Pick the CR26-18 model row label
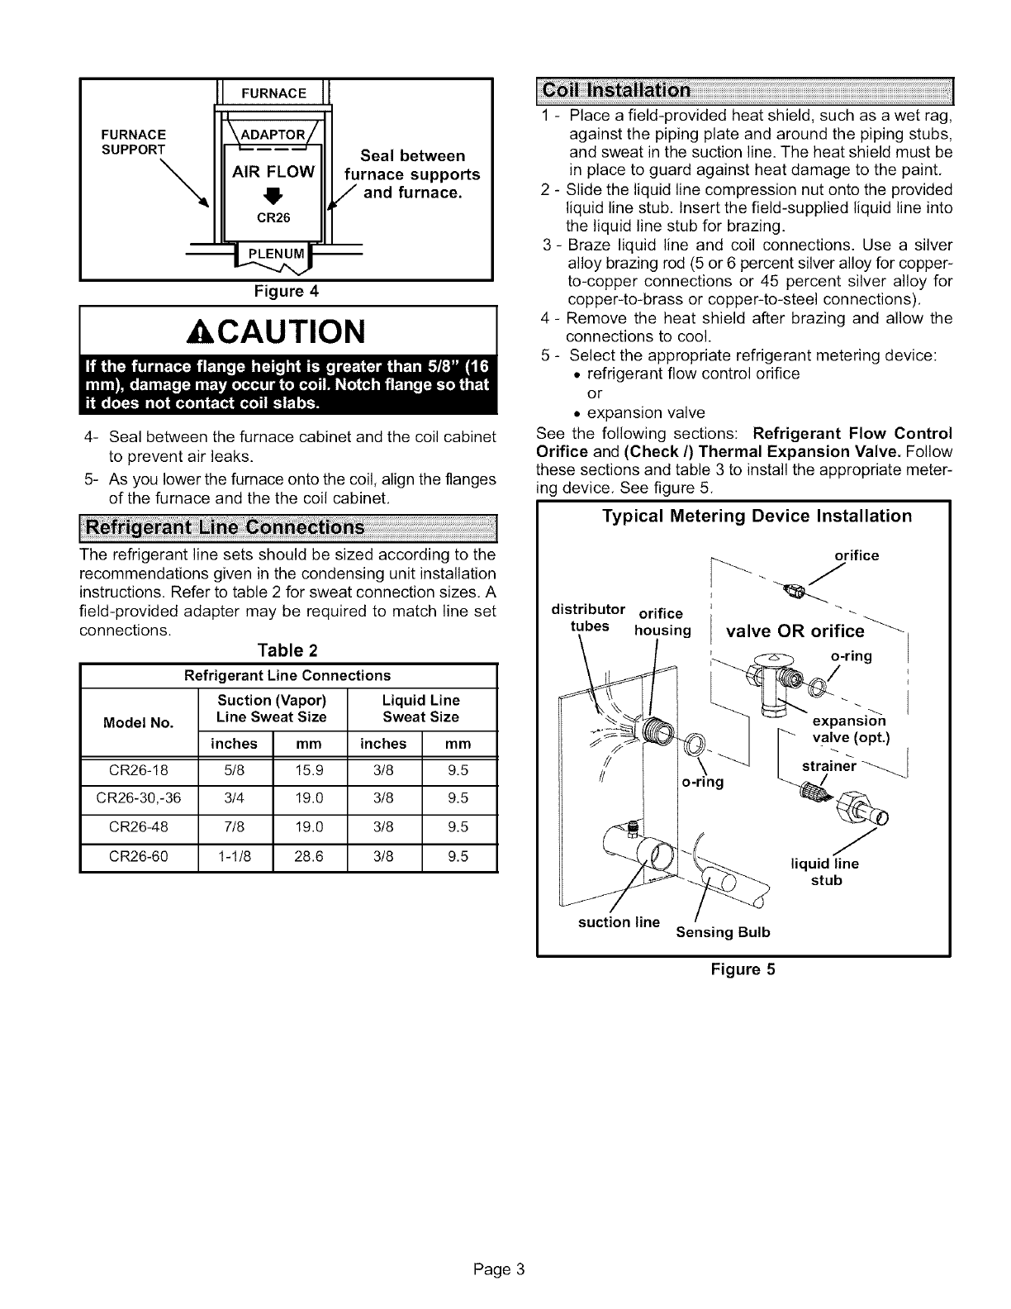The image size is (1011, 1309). pyautogui.click(x=139, y=770)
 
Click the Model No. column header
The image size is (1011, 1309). pyautogui.click(x=139, y=723)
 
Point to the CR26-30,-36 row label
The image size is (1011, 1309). pyautogui.click(x=139, y=798)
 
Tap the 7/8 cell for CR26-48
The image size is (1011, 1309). pyautogui.click(x=235, y=827)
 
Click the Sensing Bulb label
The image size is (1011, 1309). pyautogui.click(x=723, y=932)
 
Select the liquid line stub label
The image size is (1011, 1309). pyautogui.click(x=824, y=872)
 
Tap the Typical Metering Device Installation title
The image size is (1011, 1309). pyautogui.click(x=757, y=516)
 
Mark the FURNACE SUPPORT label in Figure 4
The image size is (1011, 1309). pyautogui.click(x=133, y=141)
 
